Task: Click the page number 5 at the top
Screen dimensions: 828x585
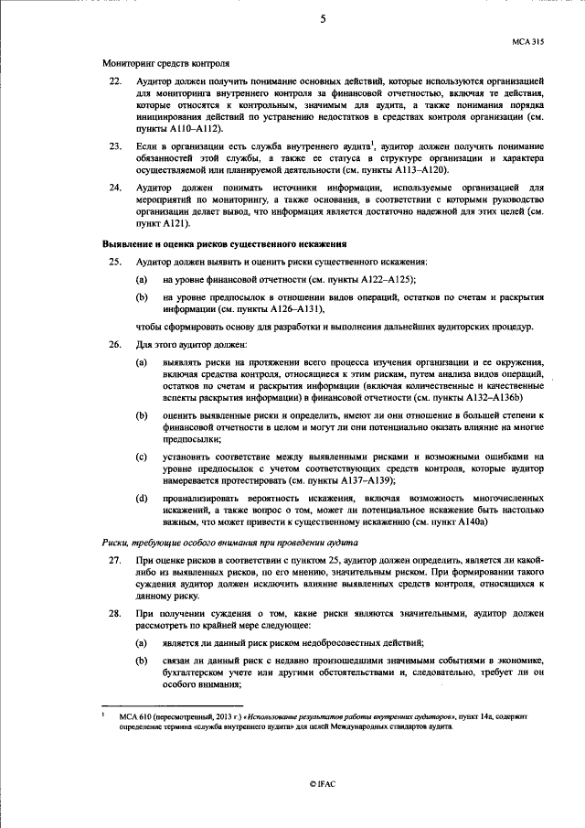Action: [x=323, y=17]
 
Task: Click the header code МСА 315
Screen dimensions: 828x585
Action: [x=526, y=42]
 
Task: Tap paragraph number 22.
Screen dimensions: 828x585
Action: [x=115, y=82]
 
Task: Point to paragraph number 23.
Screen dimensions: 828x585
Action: [x=115, y=145]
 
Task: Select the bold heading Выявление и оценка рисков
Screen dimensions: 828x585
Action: [x=224, y=244]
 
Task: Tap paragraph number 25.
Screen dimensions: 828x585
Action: [x=115, y=263]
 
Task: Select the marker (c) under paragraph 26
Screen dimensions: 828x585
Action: [x=143, y=456]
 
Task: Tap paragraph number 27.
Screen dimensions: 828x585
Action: [x=115, y=560]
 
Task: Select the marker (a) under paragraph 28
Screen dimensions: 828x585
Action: [x=143, y=642]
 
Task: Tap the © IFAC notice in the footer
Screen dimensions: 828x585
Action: [x=323, y=784]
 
